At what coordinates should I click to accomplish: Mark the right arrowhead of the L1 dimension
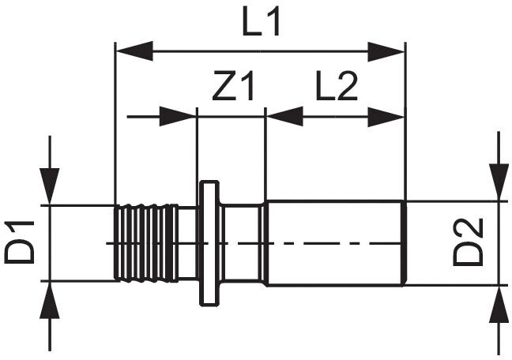[389, 53]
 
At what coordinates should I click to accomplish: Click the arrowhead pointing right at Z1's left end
[179, 117]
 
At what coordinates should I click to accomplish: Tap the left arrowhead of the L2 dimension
[283, 117]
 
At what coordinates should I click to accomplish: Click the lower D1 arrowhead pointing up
[50, 298]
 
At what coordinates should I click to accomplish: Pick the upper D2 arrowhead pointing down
[498, 183]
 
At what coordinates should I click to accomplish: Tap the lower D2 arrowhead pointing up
[498, 304]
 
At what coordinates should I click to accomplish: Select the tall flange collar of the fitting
[209, 242]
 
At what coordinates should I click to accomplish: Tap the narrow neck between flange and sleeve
[241, 242]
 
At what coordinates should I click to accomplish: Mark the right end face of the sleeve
[405, 242]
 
